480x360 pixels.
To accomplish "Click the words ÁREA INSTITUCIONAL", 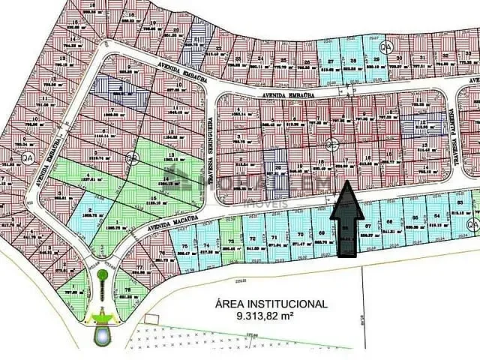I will click(x=271, y=304).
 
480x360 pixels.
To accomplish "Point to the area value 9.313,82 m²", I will click(x=271, y=316).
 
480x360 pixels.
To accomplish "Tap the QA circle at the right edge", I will click(x=472, y=226).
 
